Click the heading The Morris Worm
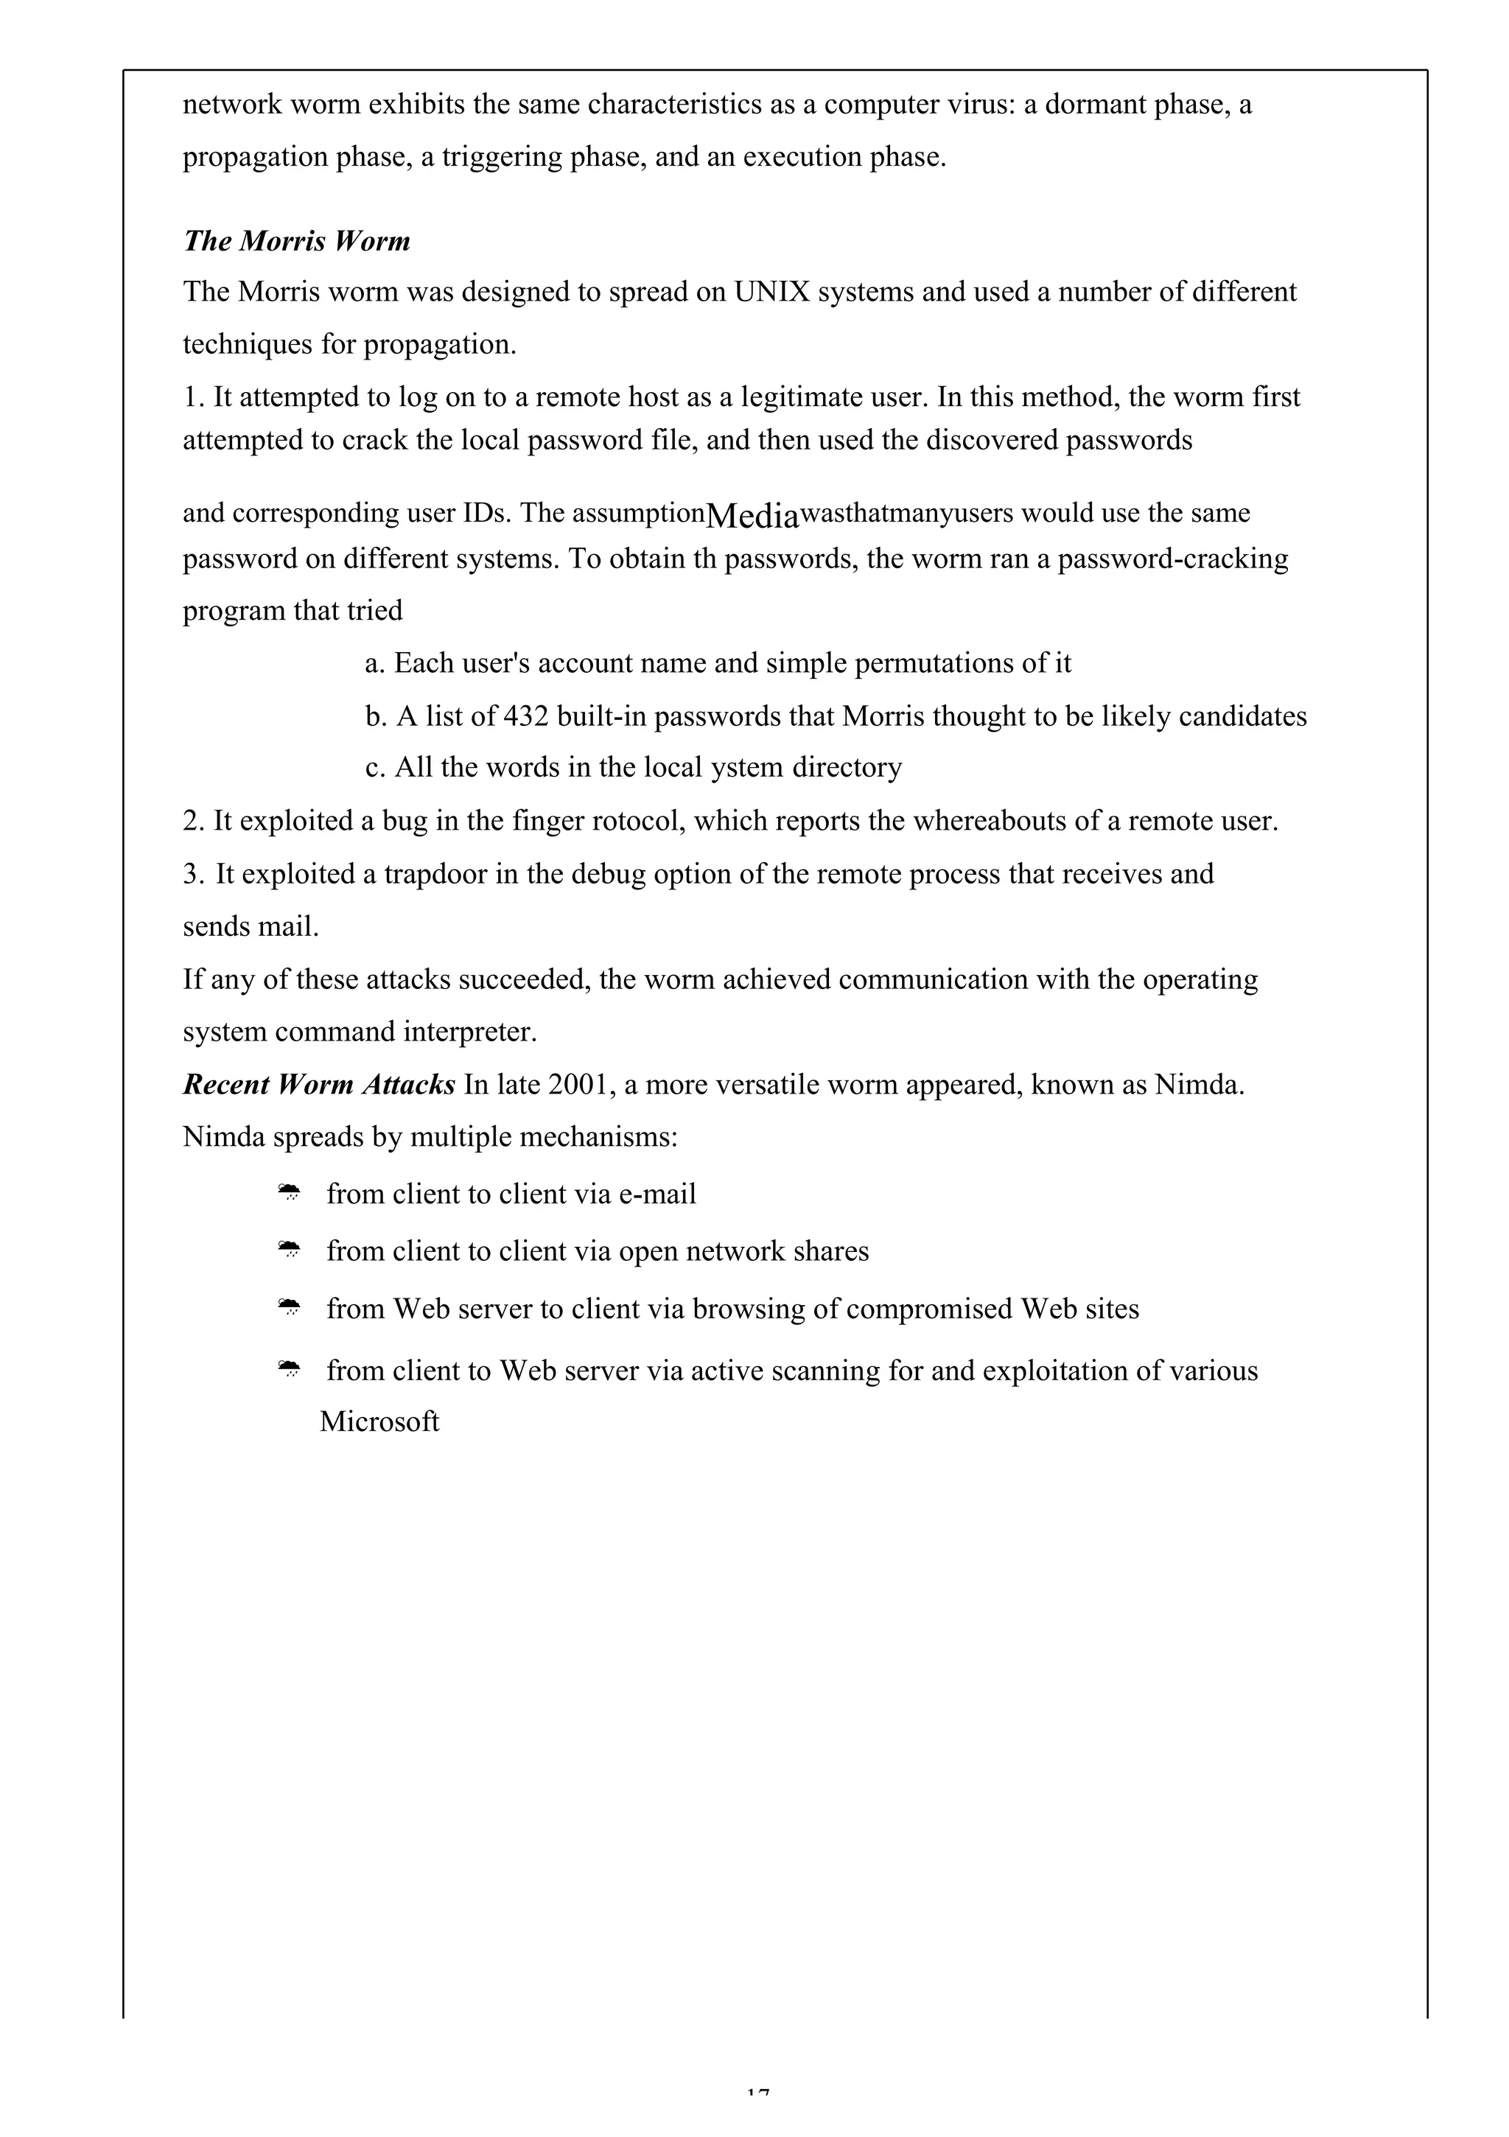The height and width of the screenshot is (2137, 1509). point(296,241)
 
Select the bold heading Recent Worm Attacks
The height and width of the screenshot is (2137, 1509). point(318,1084)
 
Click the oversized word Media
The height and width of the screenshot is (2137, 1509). point(752,514)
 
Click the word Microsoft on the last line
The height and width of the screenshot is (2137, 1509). point(379,1421)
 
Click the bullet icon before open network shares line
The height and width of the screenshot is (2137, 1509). point(290,1251)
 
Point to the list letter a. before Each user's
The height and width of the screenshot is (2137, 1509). point(374,664)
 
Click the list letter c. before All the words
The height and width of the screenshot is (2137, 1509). point(374,768)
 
